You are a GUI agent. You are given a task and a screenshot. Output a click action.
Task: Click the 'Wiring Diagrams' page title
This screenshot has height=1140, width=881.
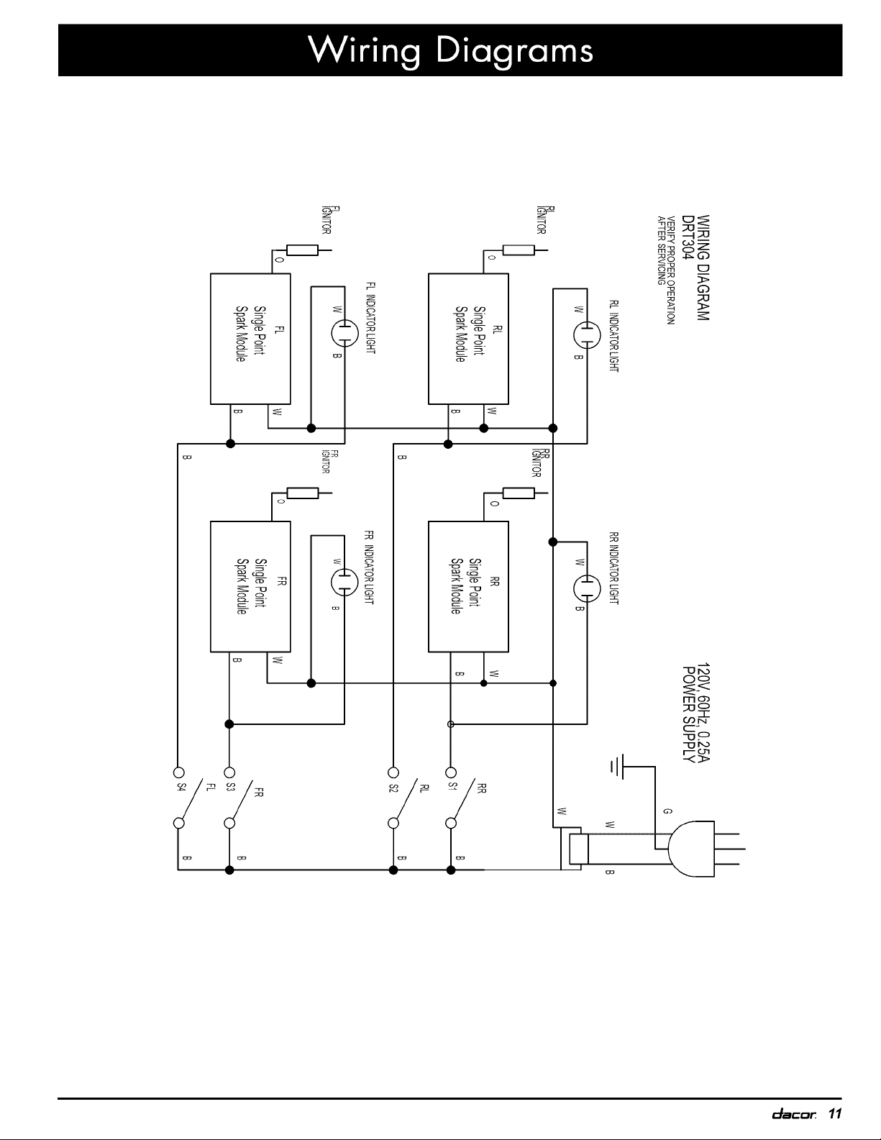[x=450, y=50]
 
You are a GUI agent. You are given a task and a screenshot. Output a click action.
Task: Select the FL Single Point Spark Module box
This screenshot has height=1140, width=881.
[x=250, y=338]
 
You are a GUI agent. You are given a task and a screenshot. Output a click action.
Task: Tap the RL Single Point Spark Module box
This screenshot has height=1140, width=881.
[x=468, y=338]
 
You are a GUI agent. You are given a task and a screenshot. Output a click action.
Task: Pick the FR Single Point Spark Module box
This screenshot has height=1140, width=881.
[x=250, y=586]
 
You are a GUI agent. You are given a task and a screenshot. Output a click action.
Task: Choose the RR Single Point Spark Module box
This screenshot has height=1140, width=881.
[x=468, y=586]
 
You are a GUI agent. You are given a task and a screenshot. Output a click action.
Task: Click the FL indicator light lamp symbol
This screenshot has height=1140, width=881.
[x=344, y=332]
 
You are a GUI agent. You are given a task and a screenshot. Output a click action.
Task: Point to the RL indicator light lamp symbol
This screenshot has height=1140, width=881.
[x=587, y=332]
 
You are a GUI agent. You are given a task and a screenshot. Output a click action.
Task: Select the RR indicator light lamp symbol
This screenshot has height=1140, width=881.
[x=587, y=587]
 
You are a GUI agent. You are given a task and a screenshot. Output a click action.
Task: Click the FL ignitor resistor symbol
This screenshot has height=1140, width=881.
[x=302, y=250]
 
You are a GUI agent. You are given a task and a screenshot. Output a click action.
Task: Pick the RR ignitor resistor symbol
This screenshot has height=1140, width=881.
[x=519, y=493]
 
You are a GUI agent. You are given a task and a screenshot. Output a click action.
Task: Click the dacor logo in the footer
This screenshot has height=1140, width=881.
[x=792, y=1114]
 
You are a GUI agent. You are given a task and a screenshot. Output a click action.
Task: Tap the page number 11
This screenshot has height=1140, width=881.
[x=834, y=1114]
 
